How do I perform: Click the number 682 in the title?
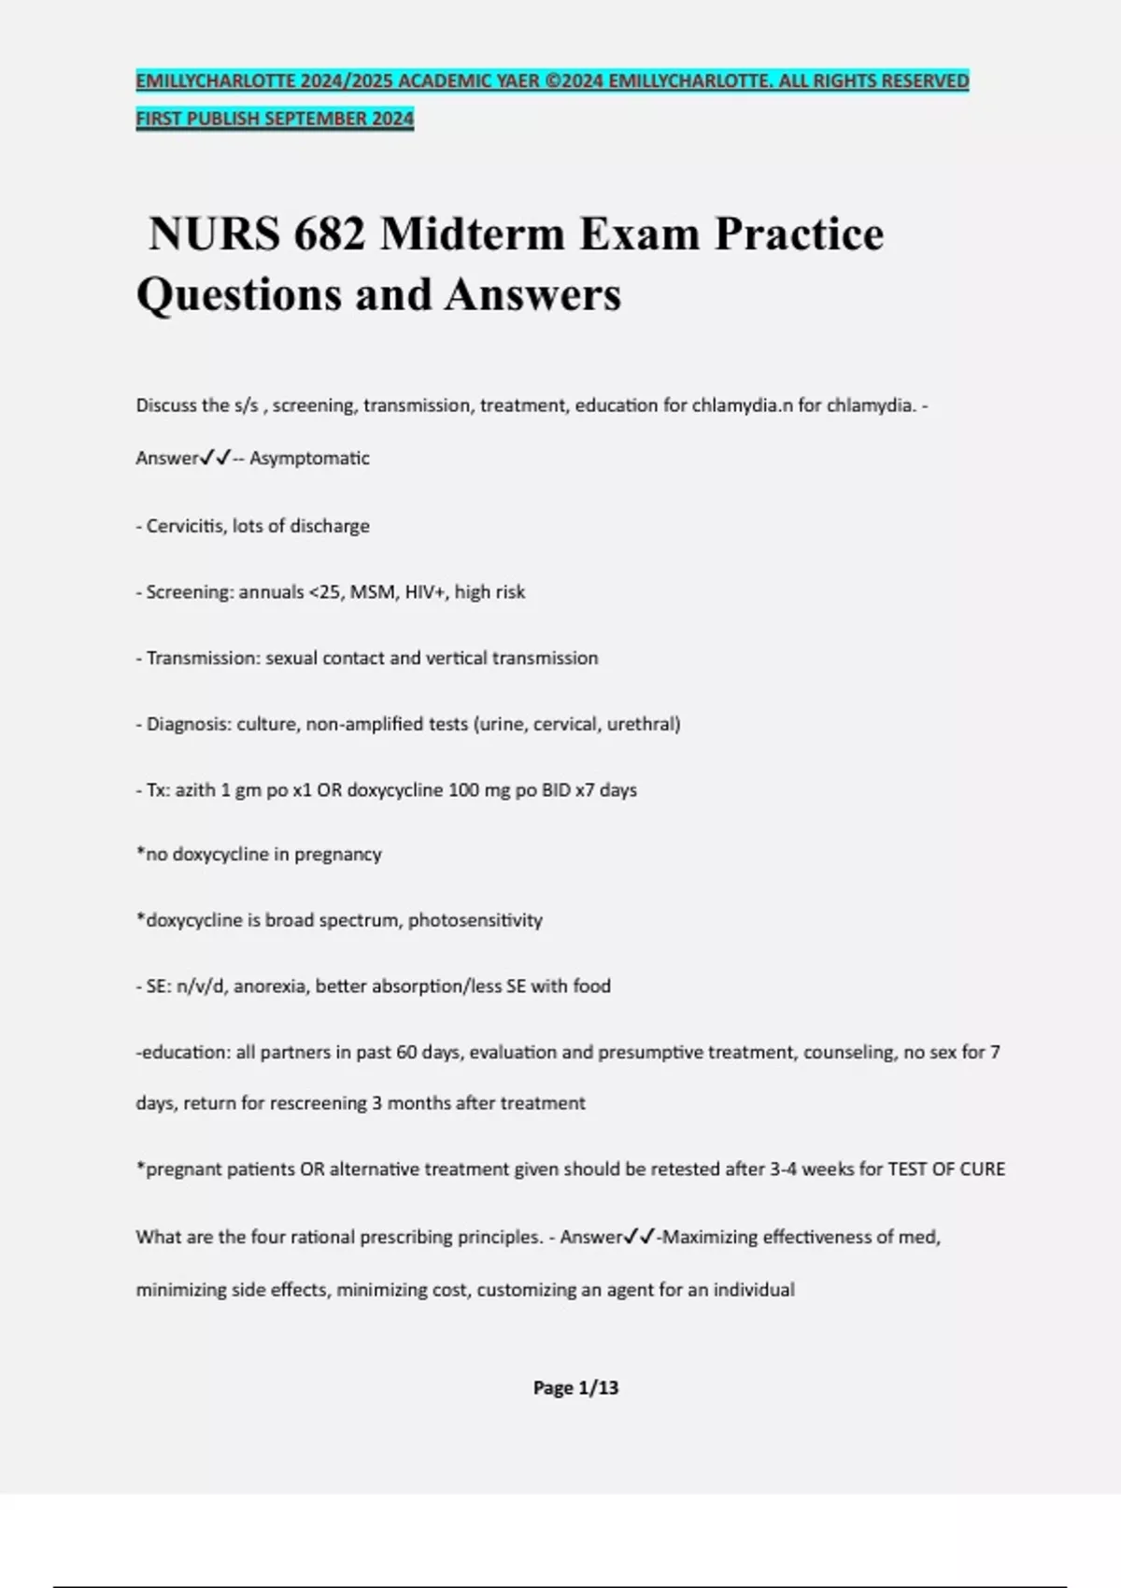[329, 234]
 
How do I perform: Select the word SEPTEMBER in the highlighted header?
[318, 119]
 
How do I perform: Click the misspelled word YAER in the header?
[518, 81]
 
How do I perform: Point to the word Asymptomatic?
[309, 458]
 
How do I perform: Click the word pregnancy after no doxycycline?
[338, 855]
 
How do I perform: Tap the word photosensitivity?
[475, 920]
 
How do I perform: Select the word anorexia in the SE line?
[270, 985]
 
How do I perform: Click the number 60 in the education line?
[406, 1052]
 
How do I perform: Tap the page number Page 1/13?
[575, 1388]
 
